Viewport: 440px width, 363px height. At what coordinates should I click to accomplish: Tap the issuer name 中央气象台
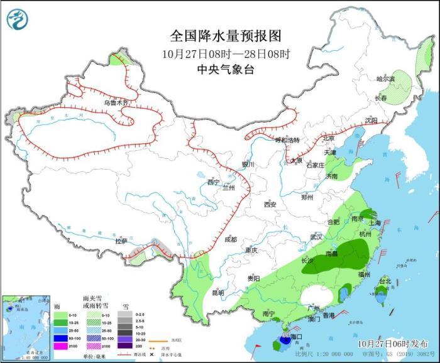point(225,70)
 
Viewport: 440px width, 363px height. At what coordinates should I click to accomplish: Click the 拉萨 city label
point(121,241)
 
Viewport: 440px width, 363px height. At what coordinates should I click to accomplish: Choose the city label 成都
point(231,239)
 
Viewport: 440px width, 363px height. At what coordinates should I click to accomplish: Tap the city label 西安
point(270,205)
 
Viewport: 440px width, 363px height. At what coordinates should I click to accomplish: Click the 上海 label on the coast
point(375,222)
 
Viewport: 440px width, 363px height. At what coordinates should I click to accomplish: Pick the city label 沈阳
point(371,121)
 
